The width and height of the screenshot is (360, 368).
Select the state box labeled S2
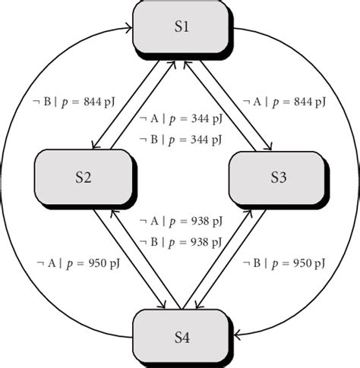click(x=84, y=179)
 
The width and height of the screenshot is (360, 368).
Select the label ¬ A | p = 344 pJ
click(x=181, y=120)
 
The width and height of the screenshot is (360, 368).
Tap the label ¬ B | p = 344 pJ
click(x=181, y=140)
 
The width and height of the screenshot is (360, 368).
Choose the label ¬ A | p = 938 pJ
click(x=181, y=222)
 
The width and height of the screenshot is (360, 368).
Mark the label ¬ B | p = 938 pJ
click(x=181, y=241)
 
